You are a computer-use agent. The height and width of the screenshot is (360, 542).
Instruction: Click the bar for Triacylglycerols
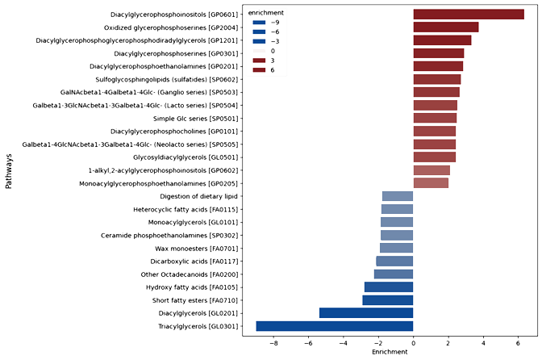click(335, 326)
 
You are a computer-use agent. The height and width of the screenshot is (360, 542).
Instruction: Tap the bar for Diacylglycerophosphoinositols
click(469, 15)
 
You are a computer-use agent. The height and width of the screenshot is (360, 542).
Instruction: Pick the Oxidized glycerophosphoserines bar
click(445, 27)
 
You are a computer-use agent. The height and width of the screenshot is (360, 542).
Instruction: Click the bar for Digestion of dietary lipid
click(397, 196)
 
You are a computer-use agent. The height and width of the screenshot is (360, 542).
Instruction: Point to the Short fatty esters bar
click(387, 299)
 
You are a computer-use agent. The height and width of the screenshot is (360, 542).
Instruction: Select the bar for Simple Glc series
click(435, 118)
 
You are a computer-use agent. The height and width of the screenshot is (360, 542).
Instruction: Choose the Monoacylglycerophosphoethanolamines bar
click(431, 183)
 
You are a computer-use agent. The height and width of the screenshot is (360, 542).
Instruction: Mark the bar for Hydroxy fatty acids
click(388, 287)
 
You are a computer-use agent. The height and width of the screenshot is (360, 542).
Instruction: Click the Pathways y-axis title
click(9, 172)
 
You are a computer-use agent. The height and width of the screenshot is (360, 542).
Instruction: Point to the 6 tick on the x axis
click(517, 343)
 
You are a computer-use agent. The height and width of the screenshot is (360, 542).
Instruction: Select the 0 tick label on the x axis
click(413, 343)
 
